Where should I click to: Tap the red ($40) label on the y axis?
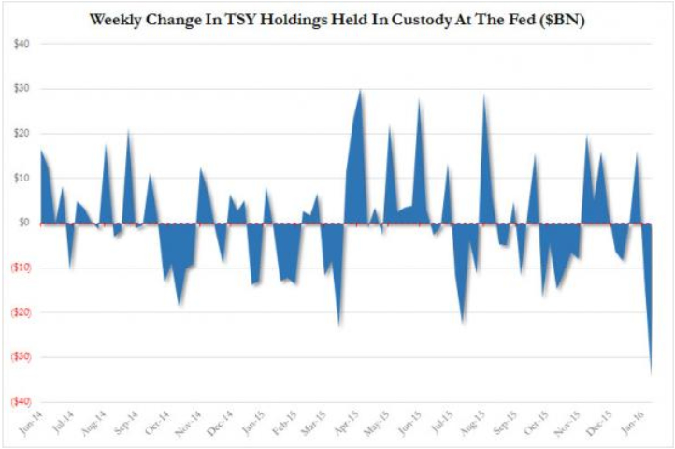point(20,402)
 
